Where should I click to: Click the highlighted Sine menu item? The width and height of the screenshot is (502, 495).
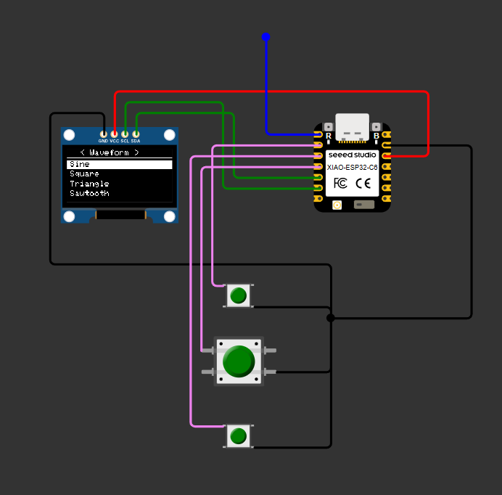pos(80,165)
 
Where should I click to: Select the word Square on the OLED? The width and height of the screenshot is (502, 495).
pos(84,174)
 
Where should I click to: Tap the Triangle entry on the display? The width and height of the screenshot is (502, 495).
pos(89,184)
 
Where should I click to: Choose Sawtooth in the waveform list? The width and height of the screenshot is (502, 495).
pos(89,194)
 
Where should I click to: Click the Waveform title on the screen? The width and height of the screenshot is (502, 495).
pos(109,152)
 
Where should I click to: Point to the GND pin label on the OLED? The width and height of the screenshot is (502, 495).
pos(103,141)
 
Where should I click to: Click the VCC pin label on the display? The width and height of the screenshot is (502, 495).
pos(114,141)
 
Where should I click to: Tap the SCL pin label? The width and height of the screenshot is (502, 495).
pos(125,141)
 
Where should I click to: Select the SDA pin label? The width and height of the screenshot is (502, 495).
pos(136,141)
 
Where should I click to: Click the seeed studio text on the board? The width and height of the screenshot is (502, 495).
pos(352,155)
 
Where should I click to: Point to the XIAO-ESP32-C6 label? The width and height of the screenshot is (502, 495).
pos(352,167)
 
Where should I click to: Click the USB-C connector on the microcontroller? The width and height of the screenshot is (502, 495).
pos(353,128)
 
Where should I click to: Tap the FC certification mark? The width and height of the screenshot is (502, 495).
pos(340,183)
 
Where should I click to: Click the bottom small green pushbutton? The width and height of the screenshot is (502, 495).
pos(238,436)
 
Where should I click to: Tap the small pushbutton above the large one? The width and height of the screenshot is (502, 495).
pos(238,295)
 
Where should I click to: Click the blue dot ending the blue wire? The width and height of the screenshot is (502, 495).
pos(266,36)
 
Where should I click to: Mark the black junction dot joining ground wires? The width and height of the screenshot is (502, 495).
pos(331,318)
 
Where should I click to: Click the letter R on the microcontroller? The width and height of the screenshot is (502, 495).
pos(329,136)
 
